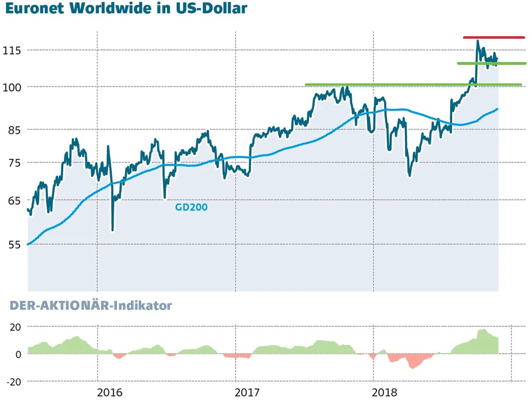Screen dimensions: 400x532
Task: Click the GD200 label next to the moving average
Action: (191, 208)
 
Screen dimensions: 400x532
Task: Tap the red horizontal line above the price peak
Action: (494, 38)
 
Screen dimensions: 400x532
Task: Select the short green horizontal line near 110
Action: (492, 63)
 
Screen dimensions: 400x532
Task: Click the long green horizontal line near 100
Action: (413, 84)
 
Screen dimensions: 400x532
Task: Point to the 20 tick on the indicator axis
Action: (15, 327)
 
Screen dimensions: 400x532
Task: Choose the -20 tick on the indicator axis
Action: (13, 381)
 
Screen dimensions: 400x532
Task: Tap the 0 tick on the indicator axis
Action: (18, 354)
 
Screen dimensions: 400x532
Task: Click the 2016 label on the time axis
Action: (110, 393)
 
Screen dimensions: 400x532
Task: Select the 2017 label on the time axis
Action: (247, 393)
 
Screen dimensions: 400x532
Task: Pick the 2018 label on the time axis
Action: (385, 393)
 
